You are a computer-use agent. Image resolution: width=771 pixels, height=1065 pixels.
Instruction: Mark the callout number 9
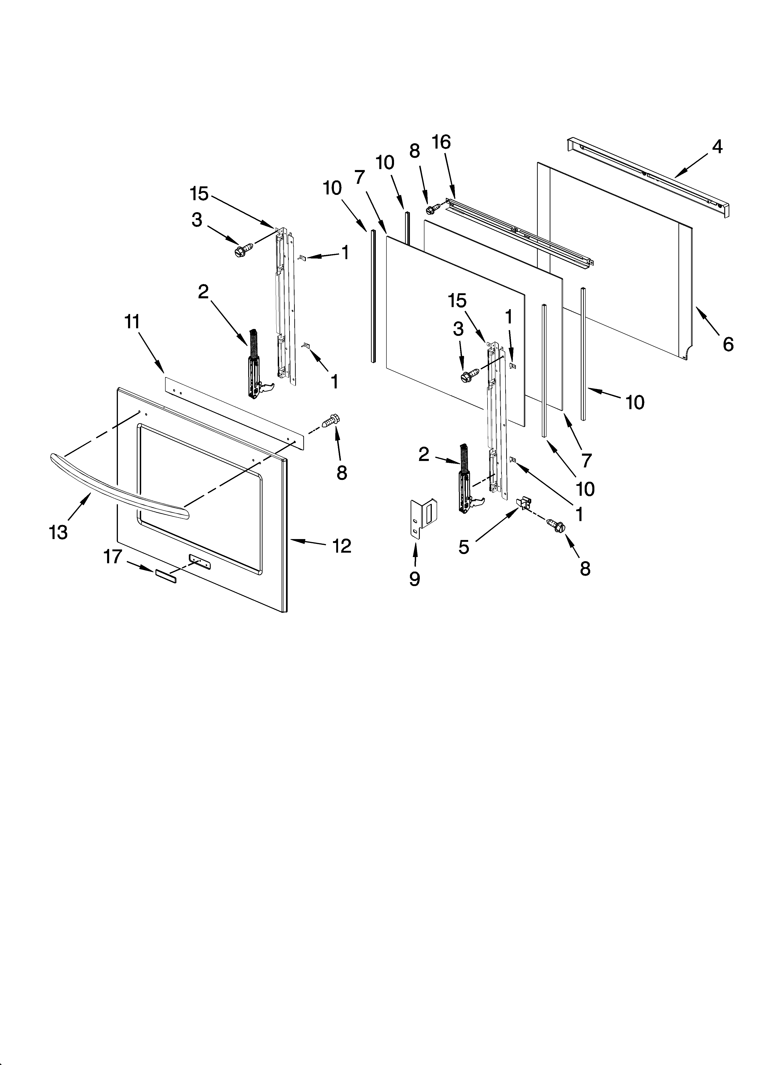click(414, 579)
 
